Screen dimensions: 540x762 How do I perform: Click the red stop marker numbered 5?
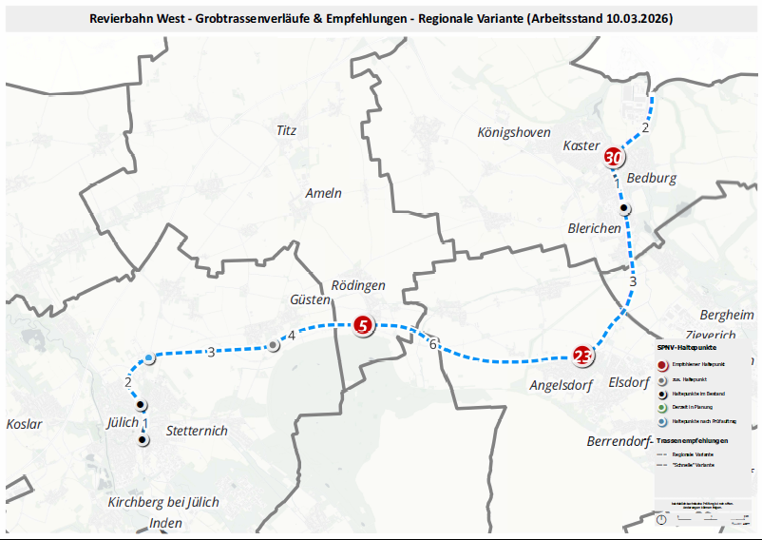coord(362,326)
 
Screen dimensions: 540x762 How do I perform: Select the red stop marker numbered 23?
coord(582,357)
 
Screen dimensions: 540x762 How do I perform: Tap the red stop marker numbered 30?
coord(614,158)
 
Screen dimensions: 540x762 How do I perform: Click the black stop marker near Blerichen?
coord(624,208)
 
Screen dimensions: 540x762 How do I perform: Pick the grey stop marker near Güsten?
coord(274,345)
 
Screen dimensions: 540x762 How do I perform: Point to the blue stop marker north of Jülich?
coord(150,358)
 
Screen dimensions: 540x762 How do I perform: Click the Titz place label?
coord(286,130)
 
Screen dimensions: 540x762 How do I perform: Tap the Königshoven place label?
coord(514,133)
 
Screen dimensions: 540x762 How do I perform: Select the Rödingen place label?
coord(358,285)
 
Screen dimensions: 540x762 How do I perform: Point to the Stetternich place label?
coord(197,431)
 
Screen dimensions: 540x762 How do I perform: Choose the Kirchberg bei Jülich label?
coord(163,502)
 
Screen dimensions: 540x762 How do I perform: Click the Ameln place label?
coord(323,193)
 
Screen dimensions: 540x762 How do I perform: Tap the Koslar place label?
coord(24,424)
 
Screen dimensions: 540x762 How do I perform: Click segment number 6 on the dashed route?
coord(432,343)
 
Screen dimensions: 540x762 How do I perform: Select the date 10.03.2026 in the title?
coord(635,18)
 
